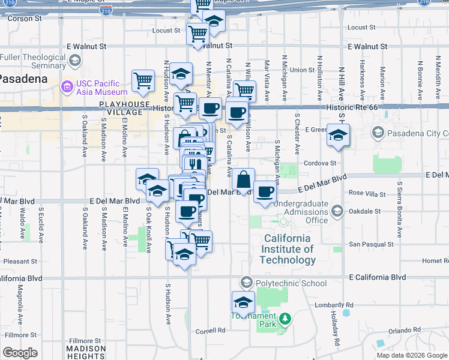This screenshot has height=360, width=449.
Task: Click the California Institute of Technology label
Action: [x=288, y=250]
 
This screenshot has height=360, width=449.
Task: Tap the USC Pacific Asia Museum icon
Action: [x=67, y=88]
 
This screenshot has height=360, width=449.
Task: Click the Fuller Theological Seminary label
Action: [x=33, y=61]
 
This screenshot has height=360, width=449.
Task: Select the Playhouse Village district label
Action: [x=124, y=108]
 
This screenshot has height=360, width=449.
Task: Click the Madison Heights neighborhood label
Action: [x=86, y=352]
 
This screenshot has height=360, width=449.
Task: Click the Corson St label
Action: [x=24, y=19]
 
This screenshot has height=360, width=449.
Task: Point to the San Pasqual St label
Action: [x=372, y=244]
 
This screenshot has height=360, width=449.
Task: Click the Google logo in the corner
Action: [x=20, y=353]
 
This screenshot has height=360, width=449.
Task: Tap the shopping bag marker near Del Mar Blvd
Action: [x=244, y=180]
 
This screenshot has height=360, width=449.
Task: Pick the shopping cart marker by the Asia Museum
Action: [x=143, y=80]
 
